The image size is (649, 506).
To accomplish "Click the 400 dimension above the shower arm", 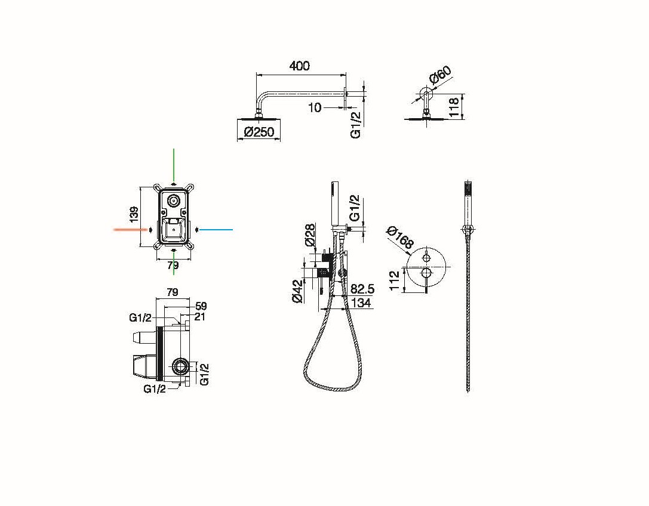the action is pos(300,66).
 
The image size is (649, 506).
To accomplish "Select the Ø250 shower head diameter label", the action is pos(260,132).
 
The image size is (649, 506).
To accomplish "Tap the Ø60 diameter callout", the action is pos(440,75).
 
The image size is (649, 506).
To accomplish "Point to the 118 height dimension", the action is pos(454,107).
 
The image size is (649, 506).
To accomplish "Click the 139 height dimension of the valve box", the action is pos(134,215).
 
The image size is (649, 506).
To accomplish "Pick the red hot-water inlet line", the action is pos(130,229).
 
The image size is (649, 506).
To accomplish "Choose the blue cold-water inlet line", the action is pos(217,229).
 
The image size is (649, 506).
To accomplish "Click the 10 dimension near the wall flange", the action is pos(315,107).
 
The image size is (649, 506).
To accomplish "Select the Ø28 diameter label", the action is pos(310,235).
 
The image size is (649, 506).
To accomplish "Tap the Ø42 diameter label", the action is pos(297,291).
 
